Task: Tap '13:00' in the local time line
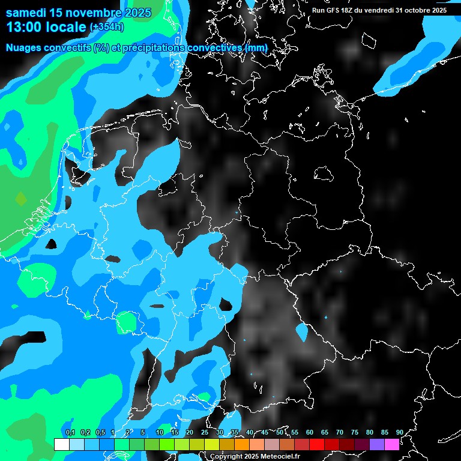pos(22,26)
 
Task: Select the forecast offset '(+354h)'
pos(107,27)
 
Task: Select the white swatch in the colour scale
pos(62,444)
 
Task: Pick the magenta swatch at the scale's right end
pos(392,444)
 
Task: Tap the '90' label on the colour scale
pos(399,432)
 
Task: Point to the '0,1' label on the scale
pos(70,432)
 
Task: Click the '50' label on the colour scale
pos(280,432)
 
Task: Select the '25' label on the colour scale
pos(205,432)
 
